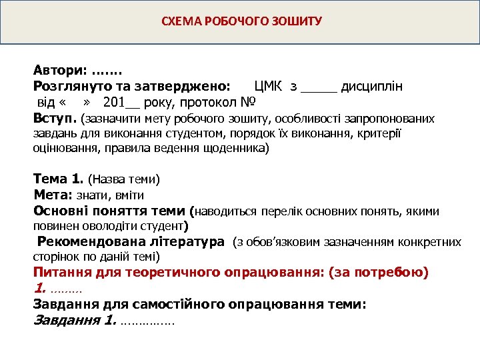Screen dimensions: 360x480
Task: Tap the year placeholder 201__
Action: (122, 103)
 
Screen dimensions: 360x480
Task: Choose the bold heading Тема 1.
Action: (58, 179)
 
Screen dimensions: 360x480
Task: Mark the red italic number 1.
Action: (39, 289)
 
